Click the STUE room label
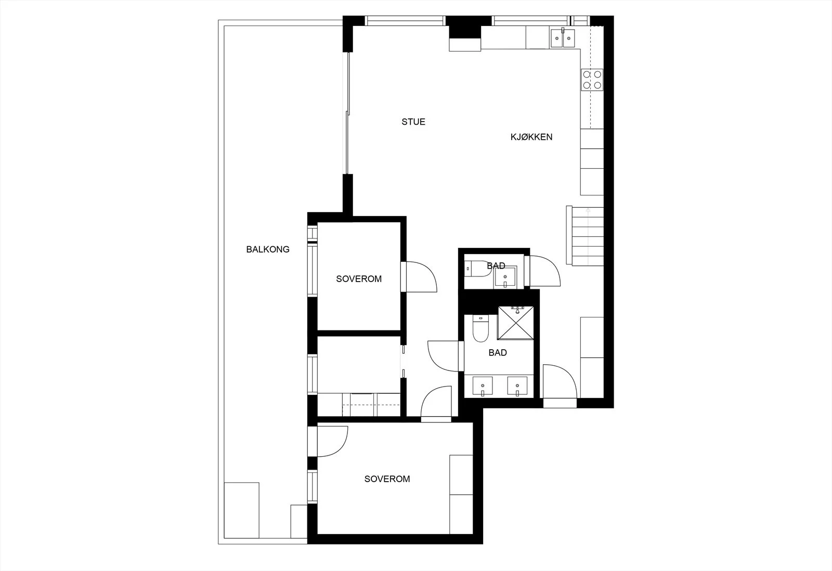[413, 122]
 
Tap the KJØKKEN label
[531, 137]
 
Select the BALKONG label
[267, 249]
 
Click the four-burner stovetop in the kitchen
[592, 80]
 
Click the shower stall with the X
[515, 323]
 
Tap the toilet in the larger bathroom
[480, 328]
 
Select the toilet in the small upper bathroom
[477, 269]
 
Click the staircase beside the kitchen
[585, 236]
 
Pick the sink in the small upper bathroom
[505, 277]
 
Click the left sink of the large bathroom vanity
[483, 386]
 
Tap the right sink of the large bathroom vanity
[517, 386]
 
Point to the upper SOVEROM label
[359, 279]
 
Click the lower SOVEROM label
[387, 479]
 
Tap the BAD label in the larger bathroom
[498, 352]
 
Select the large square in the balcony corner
[241, 510]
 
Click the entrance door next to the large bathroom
[560, 386]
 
